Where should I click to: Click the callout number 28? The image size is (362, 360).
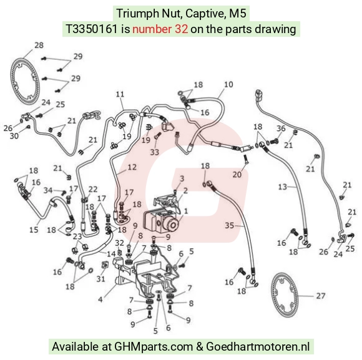[x=39, y=45]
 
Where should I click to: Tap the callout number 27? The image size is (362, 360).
[x=321, y=296]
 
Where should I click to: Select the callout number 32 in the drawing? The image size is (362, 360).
[x=120, y=243]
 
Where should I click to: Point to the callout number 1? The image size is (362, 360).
[x=186, y=211]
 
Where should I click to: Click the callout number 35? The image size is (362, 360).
[x=230, y=225]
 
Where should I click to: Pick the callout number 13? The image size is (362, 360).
[x=283, y=187]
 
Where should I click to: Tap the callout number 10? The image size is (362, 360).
[x=228, y=84]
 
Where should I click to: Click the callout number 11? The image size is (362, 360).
[x=120, y=94]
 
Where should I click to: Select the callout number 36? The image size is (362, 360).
[x=281, y=129]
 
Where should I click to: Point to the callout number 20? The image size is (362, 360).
[x=237, y=175]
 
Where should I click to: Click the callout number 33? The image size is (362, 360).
[x=155, y=152]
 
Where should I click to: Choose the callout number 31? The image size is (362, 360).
[x=100, y=279]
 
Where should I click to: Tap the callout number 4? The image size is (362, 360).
[x=100, y=299]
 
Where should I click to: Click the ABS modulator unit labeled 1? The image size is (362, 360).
[x=161, y=220]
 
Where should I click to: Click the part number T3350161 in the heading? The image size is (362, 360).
[x=92, y=29]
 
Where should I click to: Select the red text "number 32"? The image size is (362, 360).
[x=160, y=29]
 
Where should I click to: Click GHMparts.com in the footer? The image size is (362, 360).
[x=154, y=347]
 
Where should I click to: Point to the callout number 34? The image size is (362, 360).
[x=48, y=190]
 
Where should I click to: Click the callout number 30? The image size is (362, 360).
[x=14, y=136]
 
